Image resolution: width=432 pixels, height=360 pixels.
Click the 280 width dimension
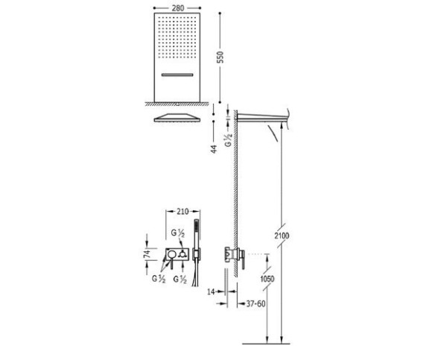click(178, 8)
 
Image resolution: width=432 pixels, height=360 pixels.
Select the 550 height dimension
click(220, 57)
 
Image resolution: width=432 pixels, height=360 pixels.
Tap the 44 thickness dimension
click(214, 149)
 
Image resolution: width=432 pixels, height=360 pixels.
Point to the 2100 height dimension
click(282, 236)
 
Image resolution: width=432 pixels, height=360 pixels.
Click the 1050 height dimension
click(267, 279)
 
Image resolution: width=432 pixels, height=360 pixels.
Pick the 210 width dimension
click(182, 212)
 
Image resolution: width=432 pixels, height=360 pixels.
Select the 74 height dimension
click(147, 253)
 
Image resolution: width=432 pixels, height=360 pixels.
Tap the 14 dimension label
click(211, 291)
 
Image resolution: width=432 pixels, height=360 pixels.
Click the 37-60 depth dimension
click(255, 304)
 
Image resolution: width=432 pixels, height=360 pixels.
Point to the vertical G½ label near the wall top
click(229, 140)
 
